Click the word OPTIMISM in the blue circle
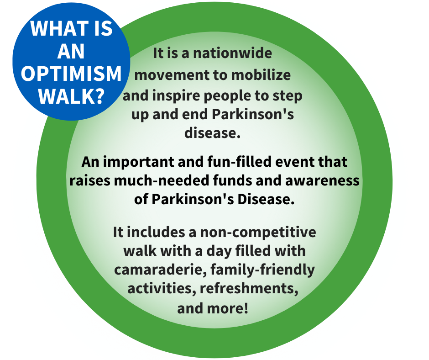(72, 74)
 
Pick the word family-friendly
(269, 270)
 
